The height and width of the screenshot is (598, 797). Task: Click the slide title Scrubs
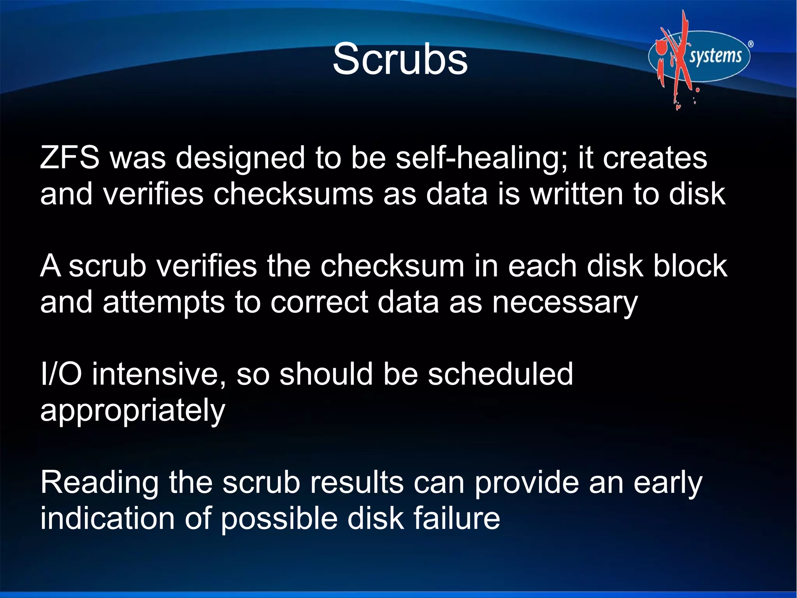click(400, 60)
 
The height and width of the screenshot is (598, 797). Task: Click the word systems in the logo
click(716, 56)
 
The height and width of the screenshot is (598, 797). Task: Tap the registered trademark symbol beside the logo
click(751, 44)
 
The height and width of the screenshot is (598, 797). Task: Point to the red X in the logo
click(679, 58)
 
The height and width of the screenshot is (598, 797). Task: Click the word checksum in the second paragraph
click(392, 266)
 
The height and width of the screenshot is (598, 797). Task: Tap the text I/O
click(61, 374)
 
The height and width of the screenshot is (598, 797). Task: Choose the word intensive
click(158, 374)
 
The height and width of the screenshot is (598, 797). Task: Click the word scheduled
click(500, 374)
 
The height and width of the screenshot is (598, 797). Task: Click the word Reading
click(99, 483)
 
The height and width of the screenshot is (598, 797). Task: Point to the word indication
click(107, 519)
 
